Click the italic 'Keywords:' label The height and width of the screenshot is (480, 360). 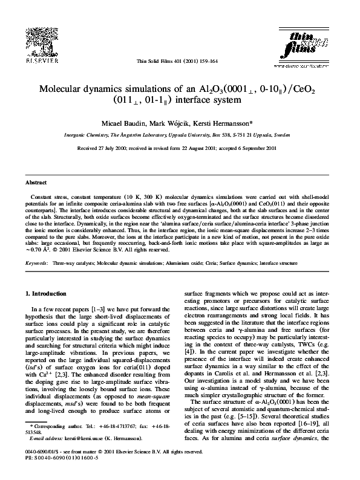pos(36,264)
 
